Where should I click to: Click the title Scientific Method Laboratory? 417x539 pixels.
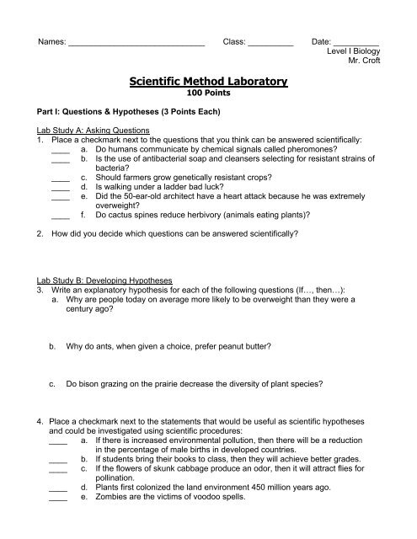(x=208, y=82)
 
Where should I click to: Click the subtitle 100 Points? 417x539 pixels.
(x=208, y=94)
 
